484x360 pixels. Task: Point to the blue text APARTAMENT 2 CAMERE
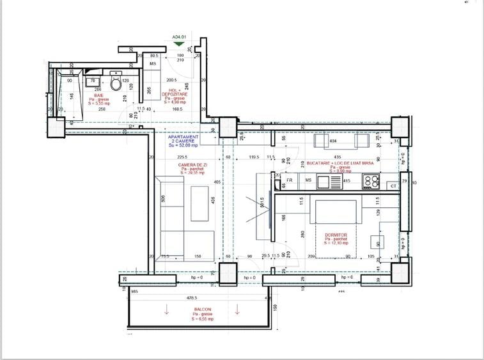click(x=183, y=140)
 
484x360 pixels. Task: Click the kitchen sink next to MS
click(x=332, y=182)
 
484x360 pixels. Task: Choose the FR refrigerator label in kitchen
click(x=290, y=181)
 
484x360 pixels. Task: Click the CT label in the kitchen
click(x=393, y=186)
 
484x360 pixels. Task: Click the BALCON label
click(x=203, y=312)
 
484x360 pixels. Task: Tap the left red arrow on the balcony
click(x=166, y=311)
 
